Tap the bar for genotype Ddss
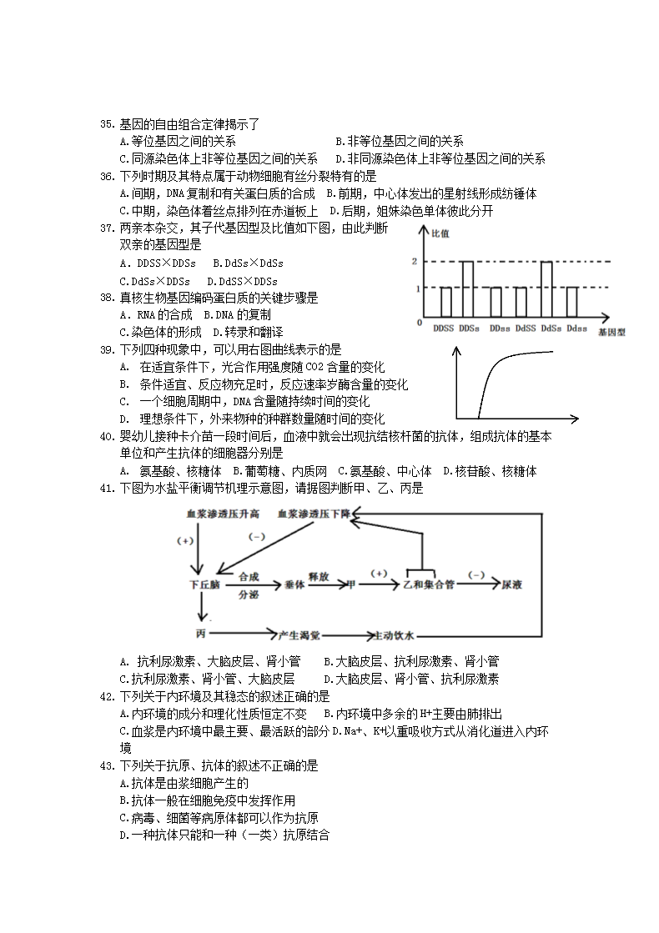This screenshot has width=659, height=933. pos(572,299)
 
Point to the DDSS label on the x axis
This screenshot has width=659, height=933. pos(444,329)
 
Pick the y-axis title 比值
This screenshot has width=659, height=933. pos(440,233)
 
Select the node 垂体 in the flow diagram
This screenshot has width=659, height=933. pos(296,584)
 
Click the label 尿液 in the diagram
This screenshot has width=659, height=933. pos(511,584)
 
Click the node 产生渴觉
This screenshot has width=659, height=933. pos(300,635)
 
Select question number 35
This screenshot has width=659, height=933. pos(107,124)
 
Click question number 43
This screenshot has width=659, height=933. pos(107,765)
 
